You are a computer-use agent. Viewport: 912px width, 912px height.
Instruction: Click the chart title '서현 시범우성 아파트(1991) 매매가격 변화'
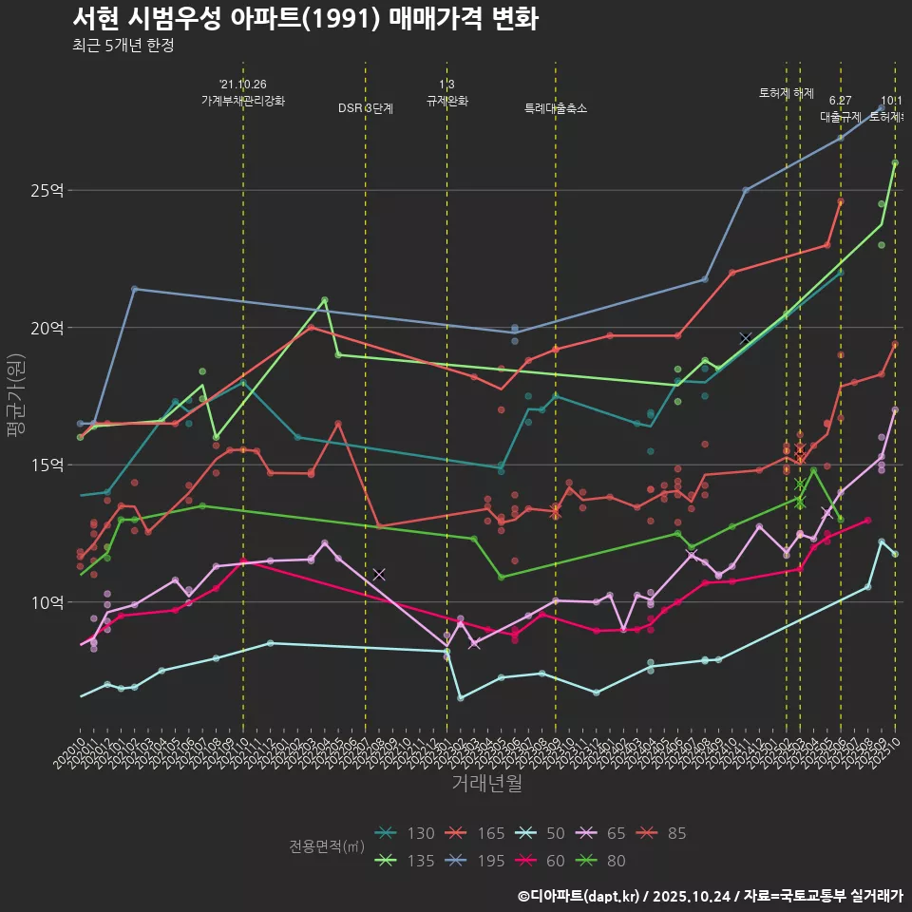[x=305, y=19]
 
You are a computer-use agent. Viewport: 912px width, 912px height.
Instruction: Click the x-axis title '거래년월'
[x=486, y=784]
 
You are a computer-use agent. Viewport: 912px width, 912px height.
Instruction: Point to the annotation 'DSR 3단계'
[x=366, y=108]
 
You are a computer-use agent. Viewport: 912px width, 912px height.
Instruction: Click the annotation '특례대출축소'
[x=556, y=108]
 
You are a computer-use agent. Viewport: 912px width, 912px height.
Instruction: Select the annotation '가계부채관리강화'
[x=243, y=100]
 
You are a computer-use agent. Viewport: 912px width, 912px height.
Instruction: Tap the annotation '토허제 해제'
[x=787, y=93]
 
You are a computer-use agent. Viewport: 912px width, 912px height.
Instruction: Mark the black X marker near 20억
[x=746, y=338]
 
